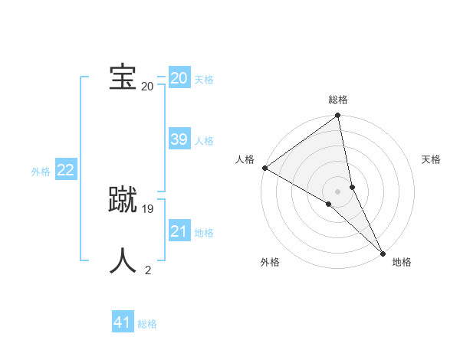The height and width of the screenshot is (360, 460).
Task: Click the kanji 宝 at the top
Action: click(122, 78)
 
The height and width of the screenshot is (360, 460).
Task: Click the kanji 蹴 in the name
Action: click(122, 200)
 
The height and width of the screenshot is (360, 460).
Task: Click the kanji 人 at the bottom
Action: click(122, 260)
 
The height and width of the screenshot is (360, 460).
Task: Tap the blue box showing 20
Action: click(179, 78)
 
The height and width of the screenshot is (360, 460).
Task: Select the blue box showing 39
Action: click(179, 139)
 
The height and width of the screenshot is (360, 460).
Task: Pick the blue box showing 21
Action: click(179, 231)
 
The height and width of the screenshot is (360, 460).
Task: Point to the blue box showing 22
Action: click(65, 170)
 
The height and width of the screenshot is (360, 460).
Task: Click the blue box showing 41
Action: click(123, 322)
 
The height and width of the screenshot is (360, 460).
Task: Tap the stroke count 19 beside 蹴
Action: click(148, 209)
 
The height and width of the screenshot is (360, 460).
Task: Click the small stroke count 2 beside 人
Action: click(148, 270)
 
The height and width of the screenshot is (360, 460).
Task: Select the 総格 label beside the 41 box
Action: click(147, 324)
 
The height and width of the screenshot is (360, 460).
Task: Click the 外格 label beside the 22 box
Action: click(41, 172)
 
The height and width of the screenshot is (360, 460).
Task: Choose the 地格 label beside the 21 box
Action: click(204, 233)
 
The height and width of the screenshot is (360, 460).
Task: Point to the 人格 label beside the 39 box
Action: click(204, 141)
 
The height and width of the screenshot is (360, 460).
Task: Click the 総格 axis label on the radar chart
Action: click(338, 100)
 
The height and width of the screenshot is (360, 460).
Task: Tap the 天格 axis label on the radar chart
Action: click(431, 159)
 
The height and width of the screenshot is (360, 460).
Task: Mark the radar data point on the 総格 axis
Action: click(338, 116)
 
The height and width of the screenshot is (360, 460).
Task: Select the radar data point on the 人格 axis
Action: click(264, 168)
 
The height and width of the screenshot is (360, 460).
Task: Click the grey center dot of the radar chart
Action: click(338, 191)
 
